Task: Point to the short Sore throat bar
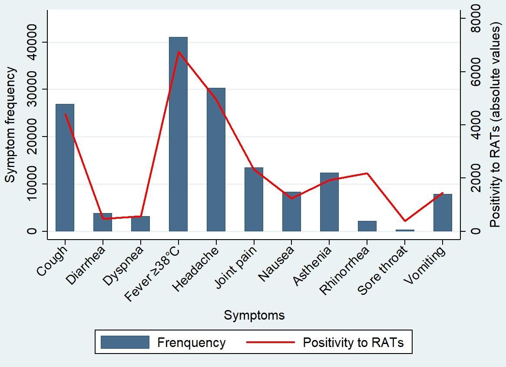coord(405,230)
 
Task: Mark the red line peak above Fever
coord(178,52)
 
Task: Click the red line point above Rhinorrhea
coord(367,173)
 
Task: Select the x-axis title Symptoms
coord(254,315)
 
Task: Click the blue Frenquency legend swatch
coord(125,343)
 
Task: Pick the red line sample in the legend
coord(270,343)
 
